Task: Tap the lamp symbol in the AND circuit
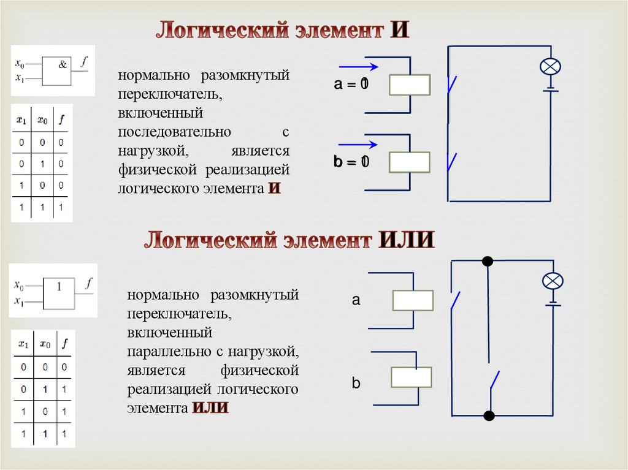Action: point(549,66)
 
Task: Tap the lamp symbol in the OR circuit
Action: point(553,281)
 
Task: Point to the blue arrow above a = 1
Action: point(359,67)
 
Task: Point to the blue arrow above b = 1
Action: point(358,145)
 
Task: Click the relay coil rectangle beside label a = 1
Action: point(410,85)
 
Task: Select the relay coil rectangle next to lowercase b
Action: point(412,377)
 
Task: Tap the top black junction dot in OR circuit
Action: point(488,262)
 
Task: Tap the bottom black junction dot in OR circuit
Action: point(489,416)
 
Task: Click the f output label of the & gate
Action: point(84,60)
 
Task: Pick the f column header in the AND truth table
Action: point(61,121)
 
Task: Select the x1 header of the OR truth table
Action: point(23,344)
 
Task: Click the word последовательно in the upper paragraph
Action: point(175,132)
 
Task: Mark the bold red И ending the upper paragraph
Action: point(274,188)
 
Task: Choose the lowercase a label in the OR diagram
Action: point(356,300)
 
